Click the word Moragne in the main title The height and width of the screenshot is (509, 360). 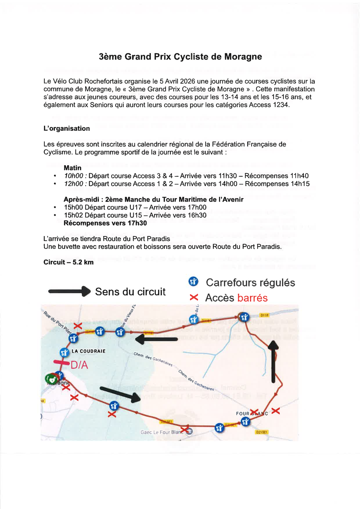[x=243, y=57]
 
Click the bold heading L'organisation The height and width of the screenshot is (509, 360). [x=66, y=128]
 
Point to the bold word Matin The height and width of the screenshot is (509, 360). [x=72, y=168]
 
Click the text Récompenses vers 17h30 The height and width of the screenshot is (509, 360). [x=105, y=223]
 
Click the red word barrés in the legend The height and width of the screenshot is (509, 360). [x=252, y=298]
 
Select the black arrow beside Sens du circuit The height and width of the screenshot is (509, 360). [x=69, y=292]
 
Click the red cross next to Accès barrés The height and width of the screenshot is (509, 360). [x=194, y=298]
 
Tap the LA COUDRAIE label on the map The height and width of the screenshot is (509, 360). [x=88, y=351]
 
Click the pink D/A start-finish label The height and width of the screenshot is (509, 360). [x=79, y=365]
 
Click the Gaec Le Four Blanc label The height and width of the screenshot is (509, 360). [x=162, y=432]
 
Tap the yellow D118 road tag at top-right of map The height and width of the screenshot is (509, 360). [x=264, y=315]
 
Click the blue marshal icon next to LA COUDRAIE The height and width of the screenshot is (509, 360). [x=64, y=353]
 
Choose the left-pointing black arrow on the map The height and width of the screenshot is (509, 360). [x=156, y=339]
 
